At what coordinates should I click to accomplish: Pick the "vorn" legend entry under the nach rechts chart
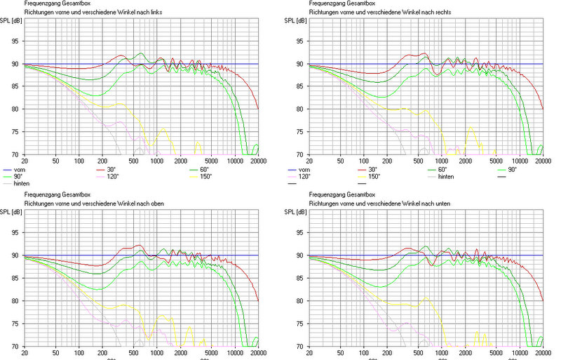[304, 171]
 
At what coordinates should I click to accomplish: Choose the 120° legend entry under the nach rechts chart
[304, 177]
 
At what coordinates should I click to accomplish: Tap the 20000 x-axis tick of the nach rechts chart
[541, 161]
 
